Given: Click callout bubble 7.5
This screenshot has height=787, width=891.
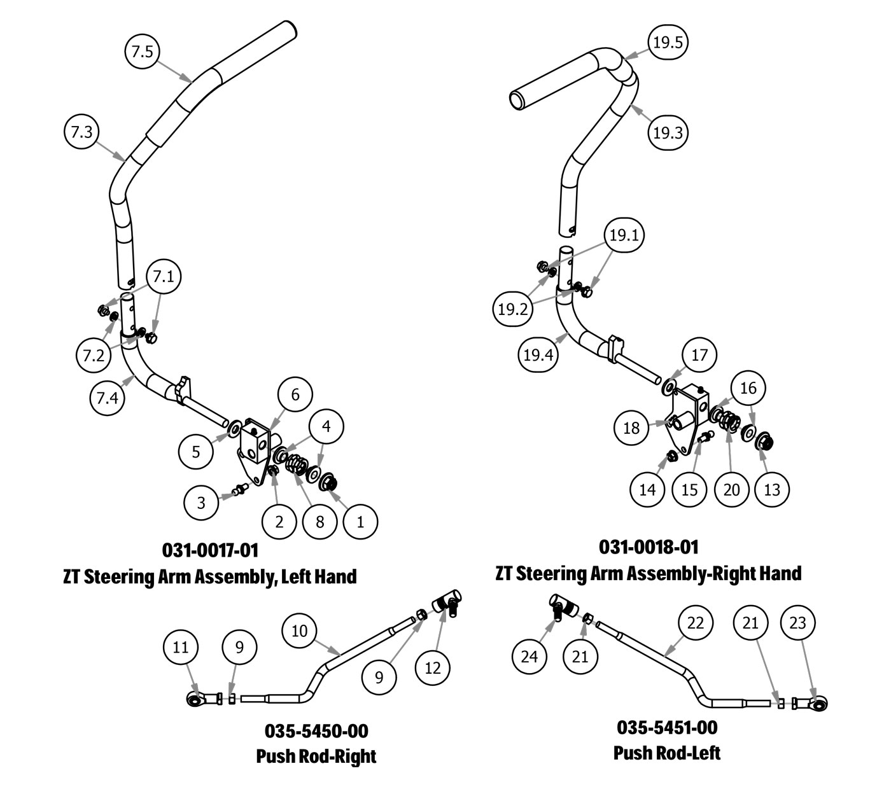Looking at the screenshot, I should (x=142, y=52).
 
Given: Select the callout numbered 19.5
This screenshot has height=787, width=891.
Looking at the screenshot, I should (x=668, y=43).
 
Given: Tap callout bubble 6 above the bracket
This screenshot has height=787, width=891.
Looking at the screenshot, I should (x=295, y=394).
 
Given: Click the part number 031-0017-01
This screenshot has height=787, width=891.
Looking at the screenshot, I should (x=210, y=549).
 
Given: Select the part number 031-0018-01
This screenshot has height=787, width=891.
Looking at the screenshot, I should (x=648, y=547).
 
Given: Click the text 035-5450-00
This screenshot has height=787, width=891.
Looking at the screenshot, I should (x=316, y=730).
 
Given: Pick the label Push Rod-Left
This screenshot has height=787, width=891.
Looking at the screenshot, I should (x=666, y=753).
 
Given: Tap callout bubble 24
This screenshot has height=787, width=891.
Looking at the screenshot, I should (x=530, y=656).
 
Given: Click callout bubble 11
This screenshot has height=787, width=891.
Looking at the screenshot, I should (x=181, y=648).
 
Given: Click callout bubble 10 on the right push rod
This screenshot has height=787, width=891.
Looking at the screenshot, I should (x=300, y=630).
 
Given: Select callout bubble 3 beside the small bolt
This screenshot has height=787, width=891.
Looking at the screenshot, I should (x=201, y=503).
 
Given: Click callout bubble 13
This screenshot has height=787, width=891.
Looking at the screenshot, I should (x=772, y=489).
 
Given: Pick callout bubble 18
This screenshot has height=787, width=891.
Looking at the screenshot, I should (x=631, y=428).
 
